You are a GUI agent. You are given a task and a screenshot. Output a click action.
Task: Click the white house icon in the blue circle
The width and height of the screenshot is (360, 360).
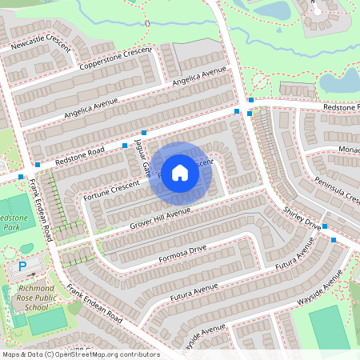(180, 172)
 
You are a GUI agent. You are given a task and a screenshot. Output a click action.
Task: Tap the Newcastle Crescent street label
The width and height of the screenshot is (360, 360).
(35, 48)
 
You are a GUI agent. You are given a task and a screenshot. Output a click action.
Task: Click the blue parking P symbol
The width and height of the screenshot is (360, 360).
(22, 266)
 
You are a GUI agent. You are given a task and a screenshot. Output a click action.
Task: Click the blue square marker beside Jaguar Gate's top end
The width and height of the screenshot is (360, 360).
(144, 132)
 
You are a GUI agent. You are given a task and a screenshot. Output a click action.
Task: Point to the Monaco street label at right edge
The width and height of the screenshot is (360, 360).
(349, 150)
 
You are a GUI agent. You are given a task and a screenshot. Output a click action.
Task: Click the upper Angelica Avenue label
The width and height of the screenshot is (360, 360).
(195, 79)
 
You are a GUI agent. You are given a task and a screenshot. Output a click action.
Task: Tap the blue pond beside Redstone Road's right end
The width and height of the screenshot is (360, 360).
(339, 81)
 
